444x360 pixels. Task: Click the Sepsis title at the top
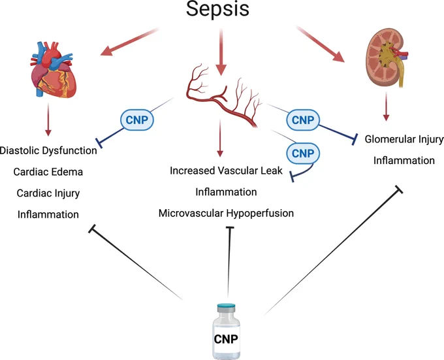217,8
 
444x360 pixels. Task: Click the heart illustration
53,70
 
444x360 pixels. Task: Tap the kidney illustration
387,57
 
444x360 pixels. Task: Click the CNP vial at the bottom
226,331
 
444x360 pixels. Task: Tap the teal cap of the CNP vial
226,307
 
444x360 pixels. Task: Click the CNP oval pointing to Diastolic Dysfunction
137,120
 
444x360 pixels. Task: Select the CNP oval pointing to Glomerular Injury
303,120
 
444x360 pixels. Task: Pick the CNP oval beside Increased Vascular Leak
303,154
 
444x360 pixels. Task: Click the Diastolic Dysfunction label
48,150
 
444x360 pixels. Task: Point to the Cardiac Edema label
48,172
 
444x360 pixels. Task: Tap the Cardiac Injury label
48,193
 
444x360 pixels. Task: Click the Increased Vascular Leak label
226,171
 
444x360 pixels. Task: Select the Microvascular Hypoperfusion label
226,213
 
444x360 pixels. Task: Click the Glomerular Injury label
404,139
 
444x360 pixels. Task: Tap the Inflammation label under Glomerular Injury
404,161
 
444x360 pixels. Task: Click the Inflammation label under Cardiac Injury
48,214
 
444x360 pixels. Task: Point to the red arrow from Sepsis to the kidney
320,44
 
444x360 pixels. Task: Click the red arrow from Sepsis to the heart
130,42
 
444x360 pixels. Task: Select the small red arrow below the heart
48,120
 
